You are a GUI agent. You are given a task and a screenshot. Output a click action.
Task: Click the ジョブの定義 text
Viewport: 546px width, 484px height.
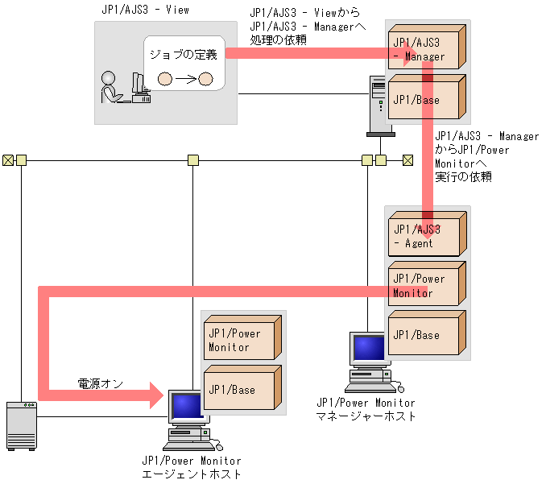click(x=183, y=54)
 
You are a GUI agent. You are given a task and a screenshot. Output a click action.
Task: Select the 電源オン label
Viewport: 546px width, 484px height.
click(x=100, y=383)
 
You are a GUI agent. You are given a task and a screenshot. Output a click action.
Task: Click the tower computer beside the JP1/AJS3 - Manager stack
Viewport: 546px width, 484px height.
click(x=378, y=104)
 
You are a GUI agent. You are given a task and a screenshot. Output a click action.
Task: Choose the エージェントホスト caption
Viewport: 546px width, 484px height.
click(x=191, y=474)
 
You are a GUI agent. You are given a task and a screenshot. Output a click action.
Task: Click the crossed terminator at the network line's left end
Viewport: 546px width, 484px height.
click(x=8, y=159)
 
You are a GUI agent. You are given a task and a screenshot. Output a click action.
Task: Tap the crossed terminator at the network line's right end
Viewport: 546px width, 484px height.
click(x=407, y=159)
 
